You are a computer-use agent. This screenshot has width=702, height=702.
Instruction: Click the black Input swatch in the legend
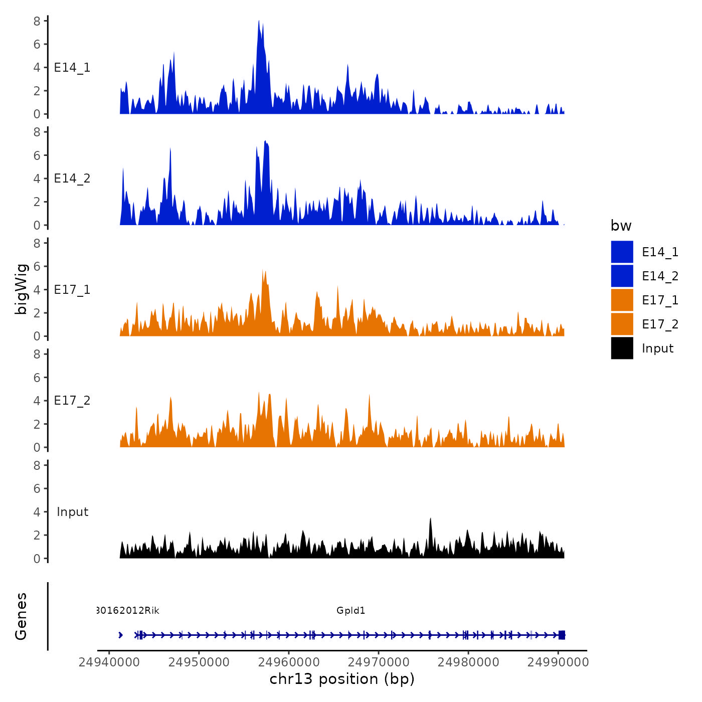click(x=622, y=348)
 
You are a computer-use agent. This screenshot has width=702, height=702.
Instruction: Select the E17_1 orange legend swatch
click(x=622, y=300)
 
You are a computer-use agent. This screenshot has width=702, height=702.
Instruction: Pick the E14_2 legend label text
click(x=660, y=276)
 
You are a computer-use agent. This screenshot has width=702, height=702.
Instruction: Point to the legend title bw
click(x=621, y=226)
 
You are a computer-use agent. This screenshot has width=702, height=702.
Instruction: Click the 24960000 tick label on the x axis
click(x=289, y=662)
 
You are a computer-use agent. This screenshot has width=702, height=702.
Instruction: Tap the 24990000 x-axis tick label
click(x=558, y=662)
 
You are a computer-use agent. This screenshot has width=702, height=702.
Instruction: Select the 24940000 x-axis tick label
click(x=109, y=662)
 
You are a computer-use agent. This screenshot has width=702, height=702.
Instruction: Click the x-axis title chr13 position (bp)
click(x=342, y=679)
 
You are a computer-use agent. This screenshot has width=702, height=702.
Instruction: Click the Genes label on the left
click(x=21, y=616)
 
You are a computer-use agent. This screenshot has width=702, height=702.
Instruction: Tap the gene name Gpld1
click(x=350, y=610)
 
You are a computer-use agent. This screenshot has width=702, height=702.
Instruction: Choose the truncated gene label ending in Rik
click(x=128, y=610)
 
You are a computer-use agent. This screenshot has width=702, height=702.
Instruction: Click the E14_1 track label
click(x=72, y=68)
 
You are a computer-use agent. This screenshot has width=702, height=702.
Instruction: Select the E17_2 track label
click(x=72, y=401)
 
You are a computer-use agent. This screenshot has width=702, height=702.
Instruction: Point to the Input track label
click(x=72, y=512)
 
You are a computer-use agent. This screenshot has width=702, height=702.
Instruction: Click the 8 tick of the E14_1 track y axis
click(x=37, y=21)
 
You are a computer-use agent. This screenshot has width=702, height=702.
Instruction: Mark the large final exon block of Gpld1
click(x=562, y=635)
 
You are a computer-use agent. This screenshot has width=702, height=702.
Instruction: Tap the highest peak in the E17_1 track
click(x=263, y=271)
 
